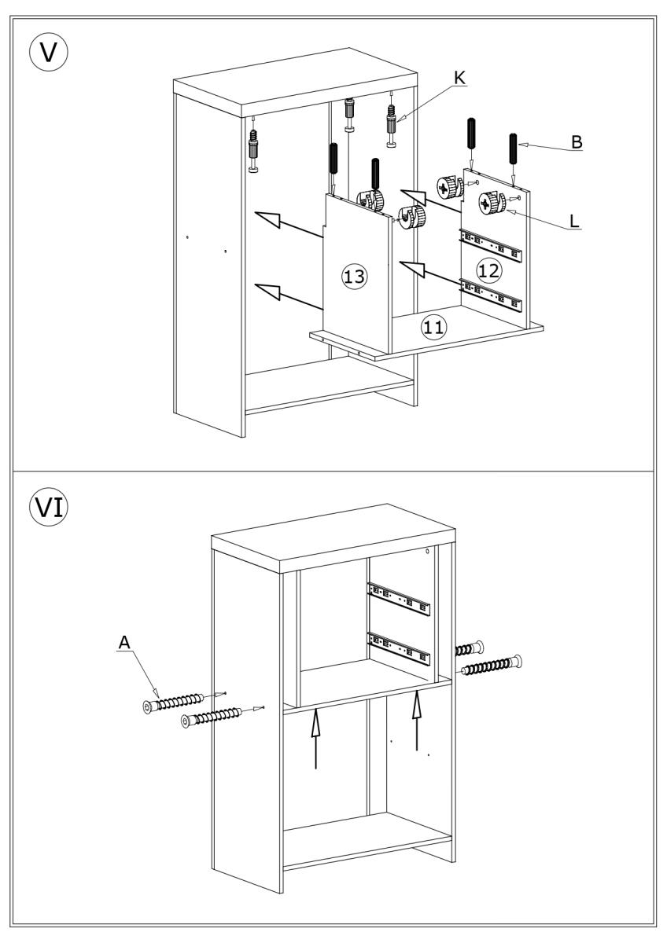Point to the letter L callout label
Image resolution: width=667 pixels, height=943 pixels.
tap(574, 221)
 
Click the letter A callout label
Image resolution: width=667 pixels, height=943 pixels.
tap(123, 643)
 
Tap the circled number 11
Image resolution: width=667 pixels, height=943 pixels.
tap(433, 326)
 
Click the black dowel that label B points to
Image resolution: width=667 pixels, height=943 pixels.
tap(514, 149)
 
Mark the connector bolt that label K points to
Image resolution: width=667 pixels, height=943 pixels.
tap(390, 125)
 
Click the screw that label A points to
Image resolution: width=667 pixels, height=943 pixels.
tap(177, 702)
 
